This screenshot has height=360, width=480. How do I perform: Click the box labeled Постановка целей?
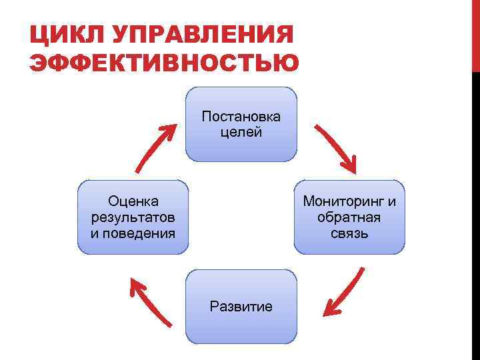click(x=241, y=125)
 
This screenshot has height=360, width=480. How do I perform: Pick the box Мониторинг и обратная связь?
click(x=349, y=217)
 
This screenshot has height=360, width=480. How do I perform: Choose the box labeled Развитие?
click(x=241, y=307)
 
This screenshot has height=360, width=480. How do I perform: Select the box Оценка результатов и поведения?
click(x=133, y=217)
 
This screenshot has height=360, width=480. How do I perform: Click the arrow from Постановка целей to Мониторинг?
click(x=336, y=147)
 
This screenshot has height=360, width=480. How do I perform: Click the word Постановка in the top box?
click(x=241, y=117)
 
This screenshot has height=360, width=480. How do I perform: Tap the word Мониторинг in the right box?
click(x=343, y=201)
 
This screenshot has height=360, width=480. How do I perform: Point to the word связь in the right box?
click(x=349, y=233)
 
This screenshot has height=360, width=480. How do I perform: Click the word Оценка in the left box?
click(x=133, y=201)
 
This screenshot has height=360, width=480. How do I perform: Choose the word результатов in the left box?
click(x=133, y=217)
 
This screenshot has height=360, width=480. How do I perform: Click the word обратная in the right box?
click(x=349, y=217)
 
